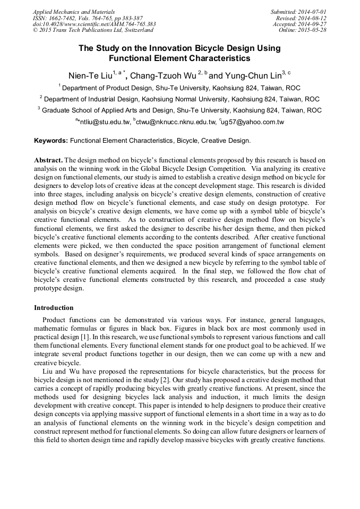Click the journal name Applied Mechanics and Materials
(x=73, y=11)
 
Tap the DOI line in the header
(x=94, y=24)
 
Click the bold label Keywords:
(x=51, y=141)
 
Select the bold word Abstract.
(x=48, y=160)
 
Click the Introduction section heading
(x=54, y=308)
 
